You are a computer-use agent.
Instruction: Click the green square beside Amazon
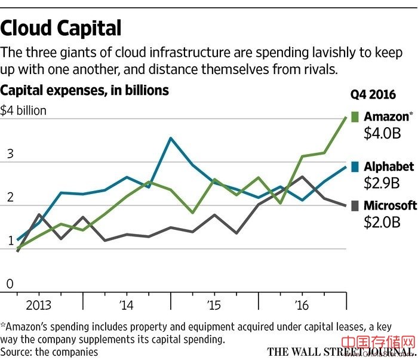point(355,116)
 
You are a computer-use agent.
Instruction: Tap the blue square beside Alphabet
point(355,167)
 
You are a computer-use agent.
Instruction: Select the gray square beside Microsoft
point(355,205)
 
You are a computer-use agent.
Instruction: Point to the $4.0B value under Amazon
point(382,133)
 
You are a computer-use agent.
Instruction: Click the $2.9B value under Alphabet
point(382,183)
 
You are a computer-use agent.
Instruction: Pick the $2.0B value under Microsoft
point(382,222)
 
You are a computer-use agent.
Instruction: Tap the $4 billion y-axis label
point(23,110)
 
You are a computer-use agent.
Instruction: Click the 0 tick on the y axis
point(10,284)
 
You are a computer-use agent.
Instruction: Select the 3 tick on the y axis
point(10,153)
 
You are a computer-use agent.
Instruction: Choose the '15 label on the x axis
point(214,305)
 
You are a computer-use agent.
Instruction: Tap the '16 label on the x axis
point(302,305)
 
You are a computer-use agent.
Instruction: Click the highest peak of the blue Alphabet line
point(171,138)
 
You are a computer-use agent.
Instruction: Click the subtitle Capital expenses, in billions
point(85,90)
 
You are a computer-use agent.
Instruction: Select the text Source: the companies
point(49,351)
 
